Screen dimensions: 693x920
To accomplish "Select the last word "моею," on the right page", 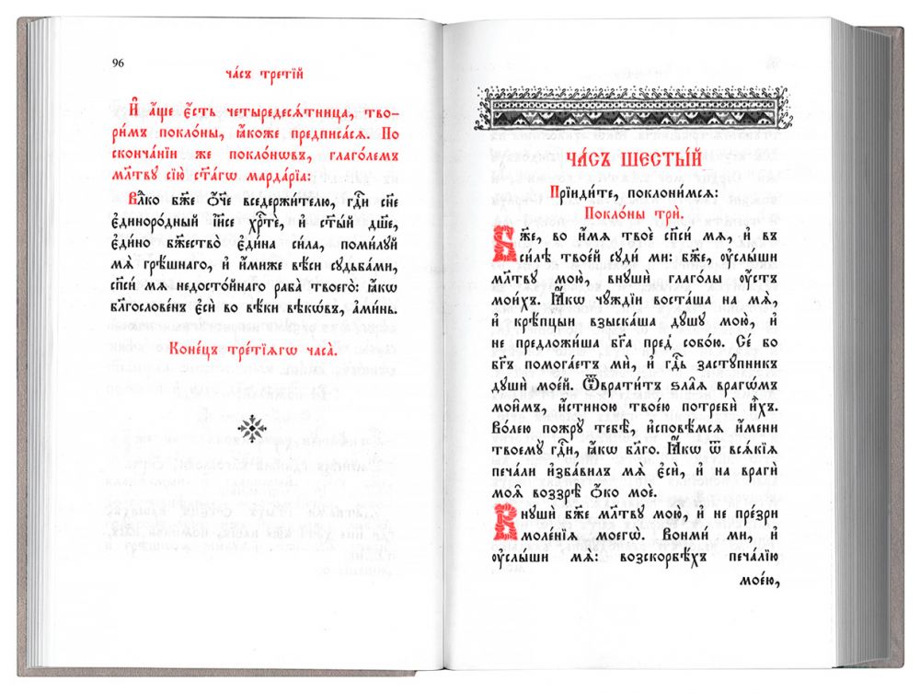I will click(x=757, y=581).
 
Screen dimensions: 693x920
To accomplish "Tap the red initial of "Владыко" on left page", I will click(x=134, y=198).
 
